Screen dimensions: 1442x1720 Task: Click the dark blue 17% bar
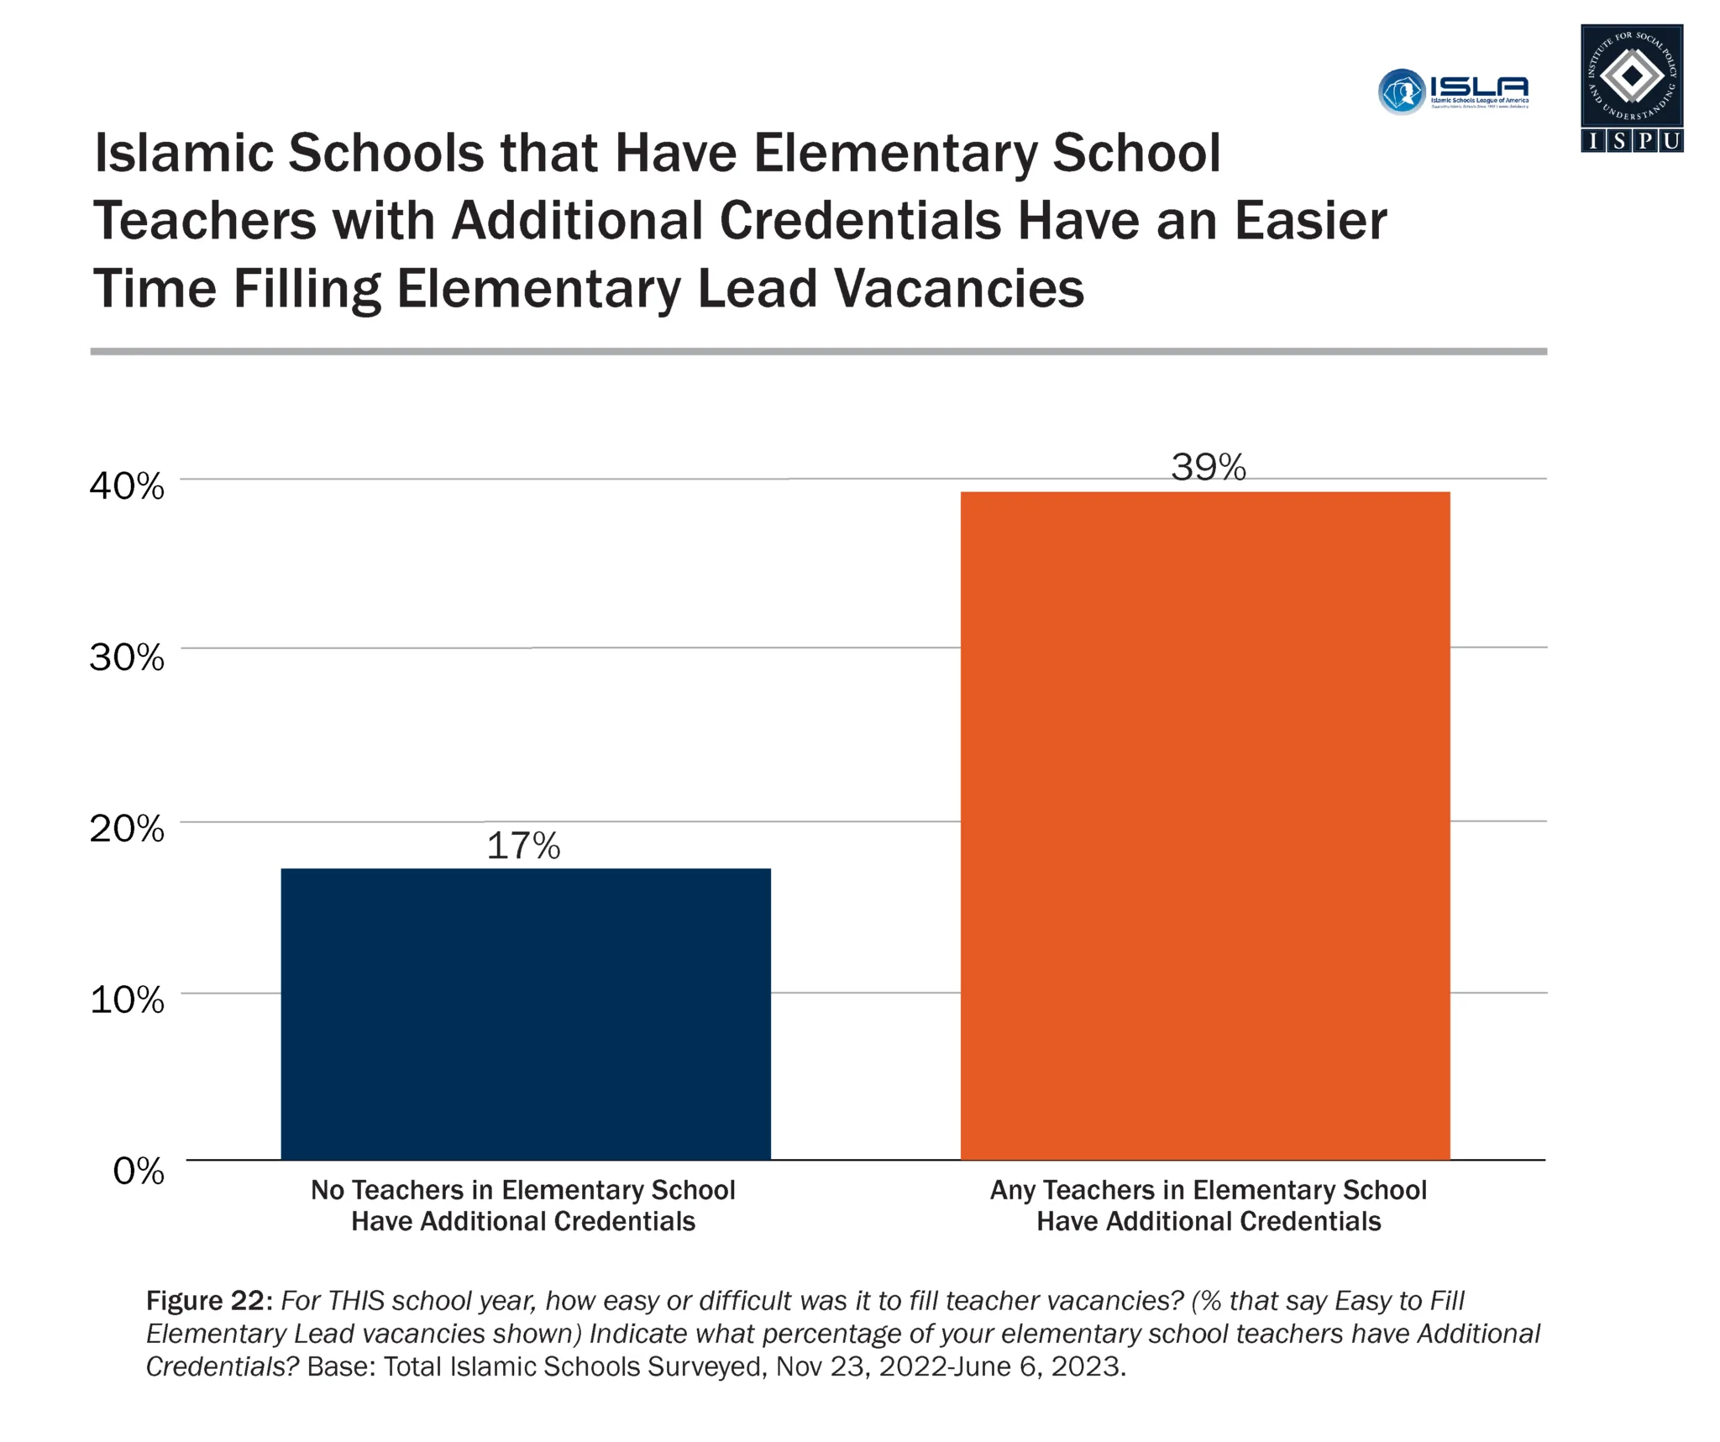[x=525, y=1014]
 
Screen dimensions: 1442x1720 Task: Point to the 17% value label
[x=523, y=846]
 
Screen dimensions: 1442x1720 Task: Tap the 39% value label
[x=1209, y=467]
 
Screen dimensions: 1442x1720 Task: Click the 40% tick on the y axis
[x=127, y=486]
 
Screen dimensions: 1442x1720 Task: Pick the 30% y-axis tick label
[x=127, y=658]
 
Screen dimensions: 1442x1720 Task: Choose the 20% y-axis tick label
[x=127, y=829]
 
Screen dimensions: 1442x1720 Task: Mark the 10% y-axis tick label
[x=127, y=999]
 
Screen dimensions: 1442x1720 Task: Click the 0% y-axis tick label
[x=139, y=1171]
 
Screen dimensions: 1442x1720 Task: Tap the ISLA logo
[x=1454, y=91]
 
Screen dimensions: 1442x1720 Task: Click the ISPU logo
[x=1631, y=88]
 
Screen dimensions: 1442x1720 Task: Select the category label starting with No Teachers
[x=523, y=1205]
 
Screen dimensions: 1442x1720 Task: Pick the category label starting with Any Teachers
[x=1209, y=1205]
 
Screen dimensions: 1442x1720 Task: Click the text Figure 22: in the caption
[x=209, y=1301]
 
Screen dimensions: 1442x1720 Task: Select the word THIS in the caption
[x=359, y=1301]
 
